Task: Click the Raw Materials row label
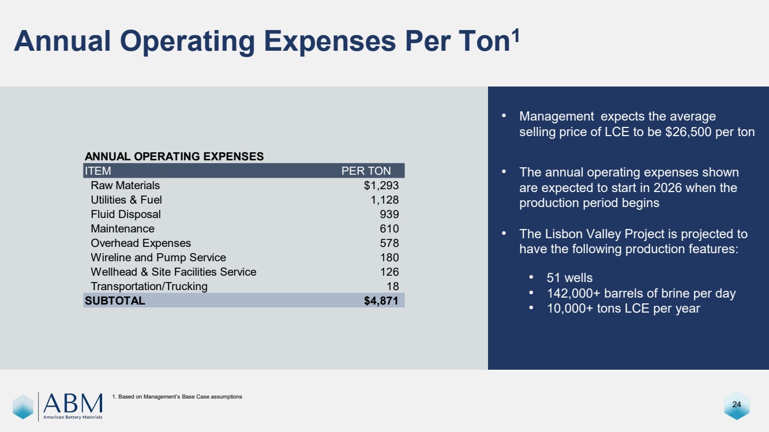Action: [x=125, y=186]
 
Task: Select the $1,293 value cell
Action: [x=381, y=186]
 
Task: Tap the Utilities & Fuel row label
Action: [x=126, y=200]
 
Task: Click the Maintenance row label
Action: [x=122, y=229]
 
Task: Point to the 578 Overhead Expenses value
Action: [x=389, y=243]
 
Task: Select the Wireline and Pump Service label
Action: [x=158, y=258]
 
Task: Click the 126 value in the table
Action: [x=389, y=272]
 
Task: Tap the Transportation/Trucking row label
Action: [x=149, y=287]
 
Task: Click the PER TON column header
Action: [x=366, y=171]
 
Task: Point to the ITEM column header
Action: [x=98, y=171]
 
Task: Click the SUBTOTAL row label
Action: [x=115, y=301]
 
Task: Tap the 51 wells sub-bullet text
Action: [x=569, y=279]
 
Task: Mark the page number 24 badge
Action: [x=736, y=404]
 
